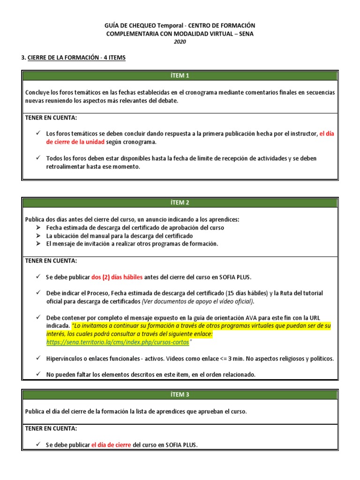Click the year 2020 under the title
[180, 42]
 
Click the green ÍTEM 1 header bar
[180, 75]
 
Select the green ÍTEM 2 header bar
[180, 202]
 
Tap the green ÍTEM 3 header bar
[180, 394]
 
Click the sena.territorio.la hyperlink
[117, 343]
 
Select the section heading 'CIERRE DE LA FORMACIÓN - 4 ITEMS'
[76, 58]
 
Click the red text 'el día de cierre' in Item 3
[111, 445]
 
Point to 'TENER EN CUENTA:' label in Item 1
[51, 117]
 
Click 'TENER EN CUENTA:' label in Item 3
[51, 428]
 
